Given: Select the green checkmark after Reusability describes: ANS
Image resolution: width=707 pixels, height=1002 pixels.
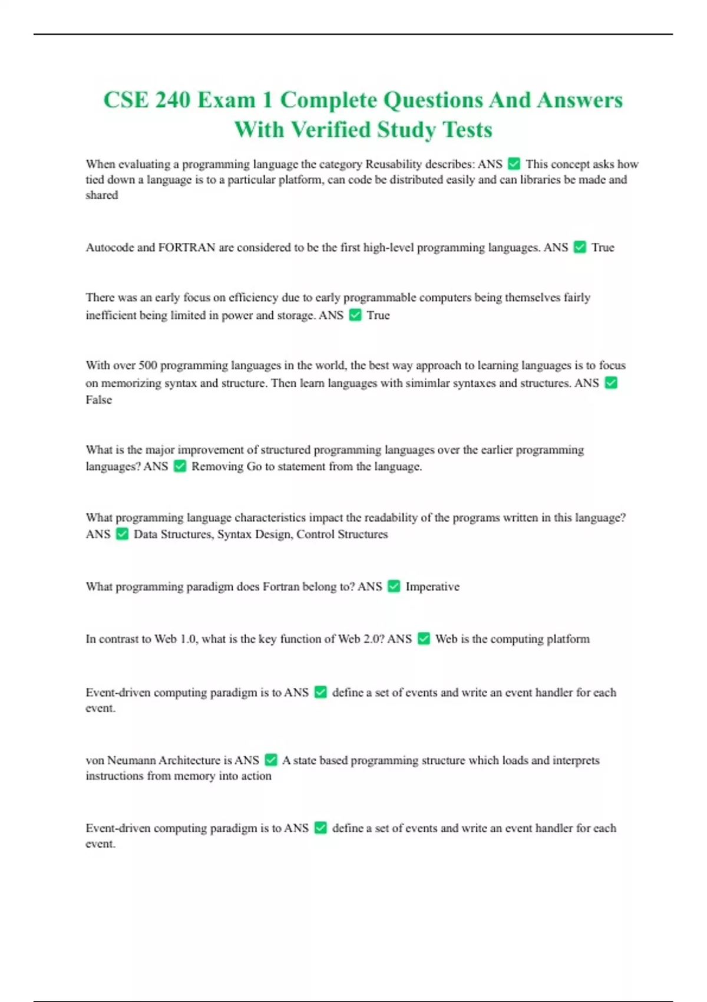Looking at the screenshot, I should tap(514, 164).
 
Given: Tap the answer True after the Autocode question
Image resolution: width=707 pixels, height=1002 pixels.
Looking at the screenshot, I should tap(603, 248).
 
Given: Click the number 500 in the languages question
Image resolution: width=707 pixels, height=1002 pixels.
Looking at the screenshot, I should tap(148, 365).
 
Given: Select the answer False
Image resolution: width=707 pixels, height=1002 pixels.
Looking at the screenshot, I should tap(98, 400).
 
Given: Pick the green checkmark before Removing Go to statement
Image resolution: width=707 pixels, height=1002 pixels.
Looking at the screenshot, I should tap(180, 466).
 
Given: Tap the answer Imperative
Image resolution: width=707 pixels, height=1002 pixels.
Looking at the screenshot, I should tap(432, 586).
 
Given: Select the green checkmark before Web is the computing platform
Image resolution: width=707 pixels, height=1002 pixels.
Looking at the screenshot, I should tap(424, 639).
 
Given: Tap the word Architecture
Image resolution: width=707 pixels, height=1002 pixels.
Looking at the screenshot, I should tap(189, 760).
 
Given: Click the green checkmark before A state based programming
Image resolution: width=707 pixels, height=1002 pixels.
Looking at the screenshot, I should tap(271, 760).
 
